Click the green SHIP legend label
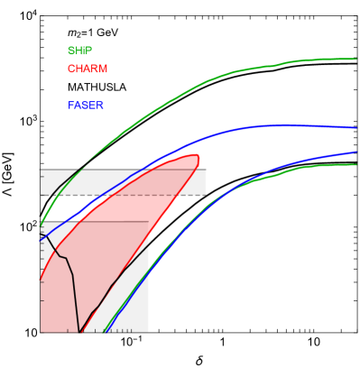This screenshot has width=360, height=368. tap(79, 51)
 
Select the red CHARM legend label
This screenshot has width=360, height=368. tap(88, 69)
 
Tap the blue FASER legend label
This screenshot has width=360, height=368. tap(86, 106)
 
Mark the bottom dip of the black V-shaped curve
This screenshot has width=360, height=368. tap(79, 329)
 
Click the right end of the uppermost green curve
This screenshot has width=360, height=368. tap(355, 60)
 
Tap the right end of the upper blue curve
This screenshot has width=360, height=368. tap(355, 128)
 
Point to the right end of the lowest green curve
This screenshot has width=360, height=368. tap(355, 164)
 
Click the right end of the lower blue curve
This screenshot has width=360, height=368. tap(355, 152)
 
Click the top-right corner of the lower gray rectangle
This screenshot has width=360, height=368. tap(148, 222)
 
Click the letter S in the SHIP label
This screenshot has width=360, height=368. tap(70, 51)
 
